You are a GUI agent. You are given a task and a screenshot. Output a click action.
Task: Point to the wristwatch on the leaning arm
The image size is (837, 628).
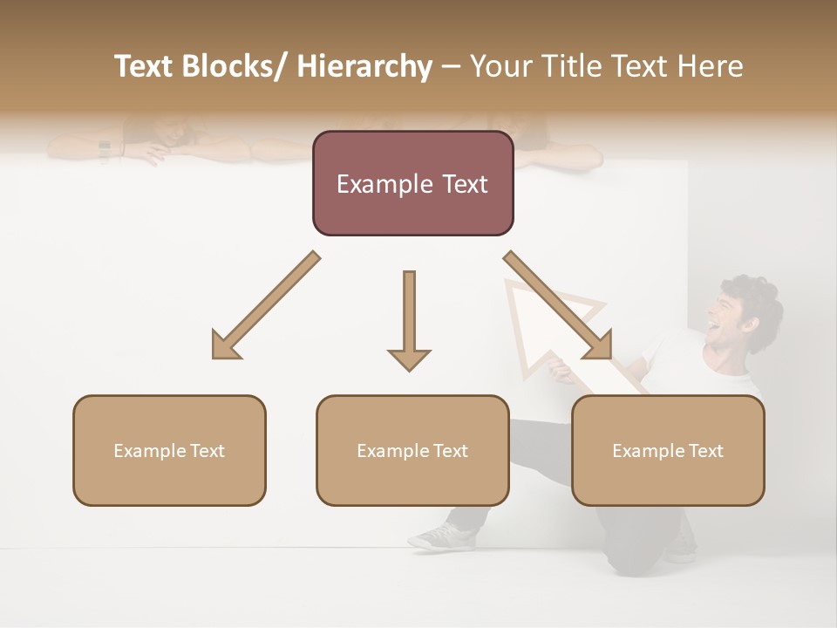105,151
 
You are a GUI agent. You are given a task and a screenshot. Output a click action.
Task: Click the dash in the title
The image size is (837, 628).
451,66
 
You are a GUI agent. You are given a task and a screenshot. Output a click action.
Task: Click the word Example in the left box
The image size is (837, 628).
146,451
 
